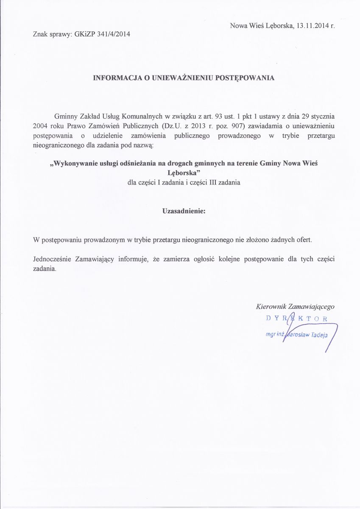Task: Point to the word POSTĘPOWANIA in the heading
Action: [239, 78]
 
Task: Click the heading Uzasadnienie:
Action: [184, 211]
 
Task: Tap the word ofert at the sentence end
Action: [303, 240]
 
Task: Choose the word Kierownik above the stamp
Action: [271, 306]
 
